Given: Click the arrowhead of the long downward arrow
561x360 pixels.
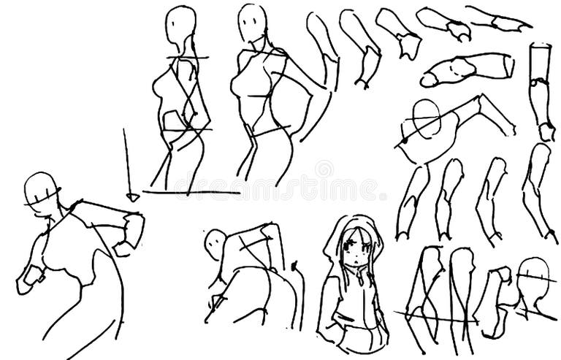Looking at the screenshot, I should coord(133,196).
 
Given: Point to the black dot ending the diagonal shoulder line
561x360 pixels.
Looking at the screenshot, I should coord(402,141).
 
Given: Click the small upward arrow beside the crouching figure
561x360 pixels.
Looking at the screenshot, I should coord(294,264).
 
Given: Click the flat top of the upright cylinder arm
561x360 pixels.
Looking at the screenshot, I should coord(540,47).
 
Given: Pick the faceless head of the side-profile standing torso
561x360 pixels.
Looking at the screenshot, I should coord(180,26).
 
